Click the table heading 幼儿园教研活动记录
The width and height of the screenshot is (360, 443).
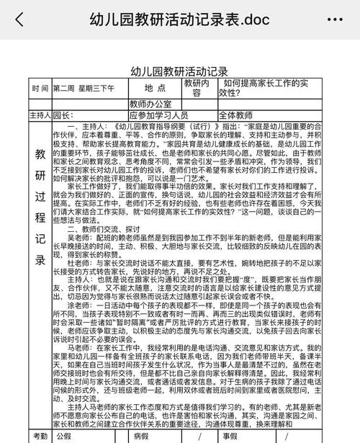[179, 71]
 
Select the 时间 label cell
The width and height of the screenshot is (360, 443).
[40, 88]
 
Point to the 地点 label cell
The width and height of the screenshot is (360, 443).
[155, 88]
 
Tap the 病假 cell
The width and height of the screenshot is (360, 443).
[141, 436]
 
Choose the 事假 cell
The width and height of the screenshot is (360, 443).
[230, 436]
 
